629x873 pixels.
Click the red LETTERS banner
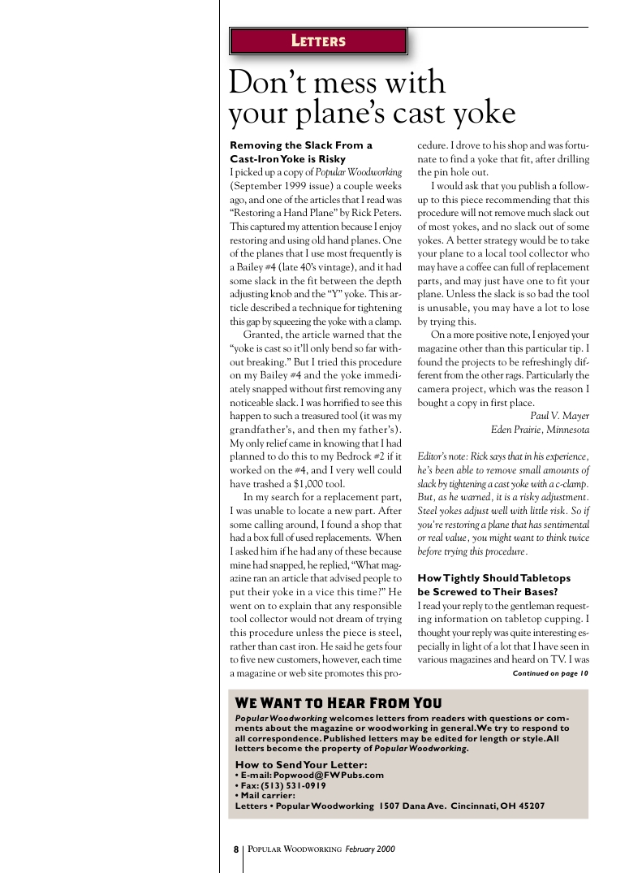click(x=318, y=41)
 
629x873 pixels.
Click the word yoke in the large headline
click(x=479, y=113)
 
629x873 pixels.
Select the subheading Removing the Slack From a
click(x=301, y=145)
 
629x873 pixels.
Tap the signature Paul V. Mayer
click(x=559, y=417)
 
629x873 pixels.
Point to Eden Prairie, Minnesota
click(x=540, y=430)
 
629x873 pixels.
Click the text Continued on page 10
click(x=550, y=673)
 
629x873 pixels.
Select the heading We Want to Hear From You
click(x=338, y=703)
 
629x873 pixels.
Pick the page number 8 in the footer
click(x=236, y=849)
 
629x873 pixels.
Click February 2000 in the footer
click(x=369, y=849)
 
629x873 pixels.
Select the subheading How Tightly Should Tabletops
click(x=494, y=577)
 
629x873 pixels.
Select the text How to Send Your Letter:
click(x=301, y=765)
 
